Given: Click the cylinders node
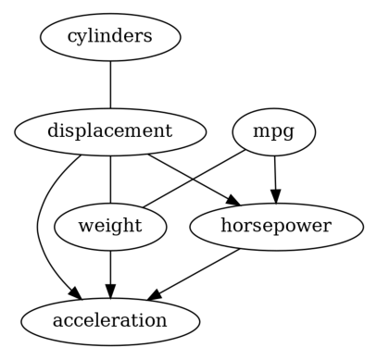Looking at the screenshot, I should (110, 37).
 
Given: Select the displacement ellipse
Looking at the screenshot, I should (110, 131).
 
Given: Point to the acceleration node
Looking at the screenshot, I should (110, 321).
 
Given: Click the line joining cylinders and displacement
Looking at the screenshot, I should (110, 84).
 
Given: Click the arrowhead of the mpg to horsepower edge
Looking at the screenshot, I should (274, 195).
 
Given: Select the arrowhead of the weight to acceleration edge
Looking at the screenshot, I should (110, 290).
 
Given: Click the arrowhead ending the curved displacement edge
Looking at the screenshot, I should (73, 295).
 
